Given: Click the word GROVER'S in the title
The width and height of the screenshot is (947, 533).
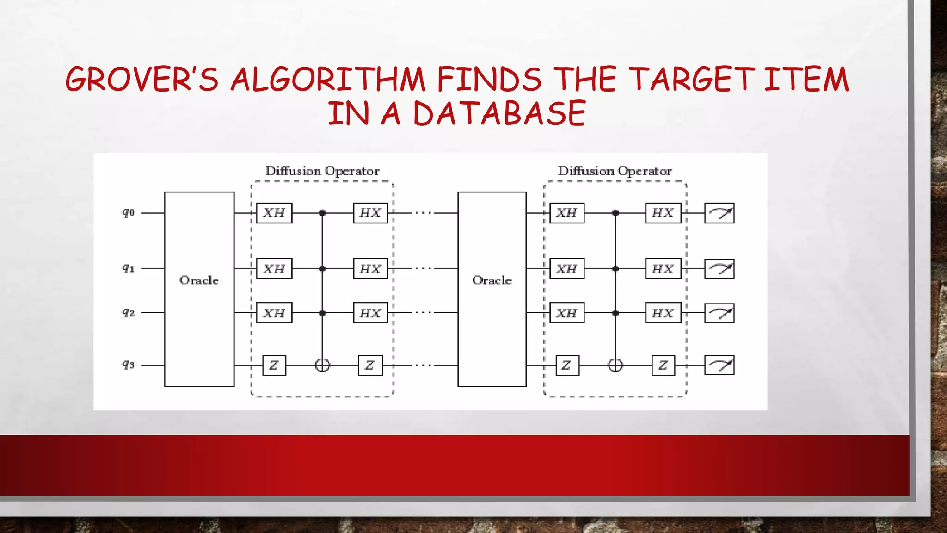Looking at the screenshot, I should point(141,79).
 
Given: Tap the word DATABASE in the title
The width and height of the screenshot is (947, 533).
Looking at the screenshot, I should point(499,113).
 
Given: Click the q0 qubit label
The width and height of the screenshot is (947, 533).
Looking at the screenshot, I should point(128,213).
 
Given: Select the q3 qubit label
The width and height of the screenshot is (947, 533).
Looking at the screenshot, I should point(128,365).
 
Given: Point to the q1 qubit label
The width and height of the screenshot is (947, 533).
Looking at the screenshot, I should point(128,268).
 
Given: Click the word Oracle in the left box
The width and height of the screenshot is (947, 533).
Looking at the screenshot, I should point(199,280).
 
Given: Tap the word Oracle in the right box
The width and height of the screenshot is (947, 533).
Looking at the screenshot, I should point(492,280).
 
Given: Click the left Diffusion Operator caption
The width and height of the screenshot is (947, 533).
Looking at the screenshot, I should point(322,171).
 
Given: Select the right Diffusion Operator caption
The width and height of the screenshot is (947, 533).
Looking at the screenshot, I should point(615,171).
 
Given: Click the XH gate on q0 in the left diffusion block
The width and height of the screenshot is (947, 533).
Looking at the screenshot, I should point(274,213).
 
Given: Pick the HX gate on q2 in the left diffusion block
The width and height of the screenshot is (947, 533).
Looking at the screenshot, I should point(370,313).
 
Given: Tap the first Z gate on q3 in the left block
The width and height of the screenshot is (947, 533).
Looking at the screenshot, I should point(274,366).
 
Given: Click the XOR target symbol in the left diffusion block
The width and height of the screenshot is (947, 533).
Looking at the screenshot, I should point(322,366).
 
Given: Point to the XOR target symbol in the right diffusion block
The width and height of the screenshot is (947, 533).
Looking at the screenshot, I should point(615,366).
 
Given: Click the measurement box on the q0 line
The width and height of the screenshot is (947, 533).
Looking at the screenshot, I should point(719,213).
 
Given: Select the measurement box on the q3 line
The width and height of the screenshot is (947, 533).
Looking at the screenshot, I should point(719,366).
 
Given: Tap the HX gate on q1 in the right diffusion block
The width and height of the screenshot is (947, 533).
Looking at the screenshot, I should point(663,268).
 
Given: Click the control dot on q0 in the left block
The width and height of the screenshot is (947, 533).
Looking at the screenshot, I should point(322,213).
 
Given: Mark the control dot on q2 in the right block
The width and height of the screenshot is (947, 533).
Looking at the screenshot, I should point(615,313).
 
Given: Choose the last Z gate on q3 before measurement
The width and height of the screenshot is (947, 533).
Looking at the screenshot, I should point(663,366).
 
